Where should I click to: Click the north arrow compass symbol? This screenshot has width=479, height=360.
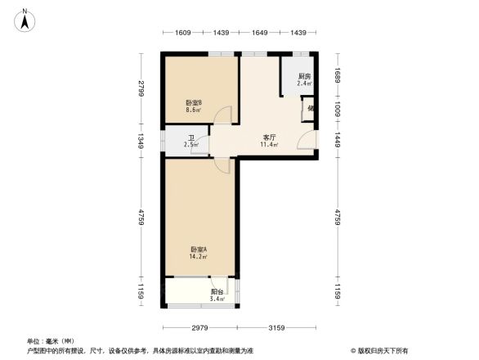click(x=25, y=19)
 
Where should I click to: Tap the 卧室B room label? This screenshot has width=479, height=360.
click(x=194, y=102)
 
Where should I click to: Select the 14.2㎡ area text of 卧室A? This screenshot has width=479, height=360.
click(x=199, y=256)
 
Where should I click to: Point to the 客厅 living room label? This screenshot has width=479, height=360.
click(x=268, y=137)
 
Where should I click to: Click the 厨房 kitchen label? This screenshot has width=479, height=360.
click(x=303, y=76)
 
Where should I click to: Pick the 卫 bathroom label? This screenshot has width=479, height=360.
click(x=191, y=138)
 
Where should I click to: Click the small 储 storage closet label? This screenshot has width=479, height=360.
click(x=311, y=109)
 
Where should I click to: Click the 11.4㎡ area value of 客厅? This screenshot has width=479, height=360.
click(x=268, y=145)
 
